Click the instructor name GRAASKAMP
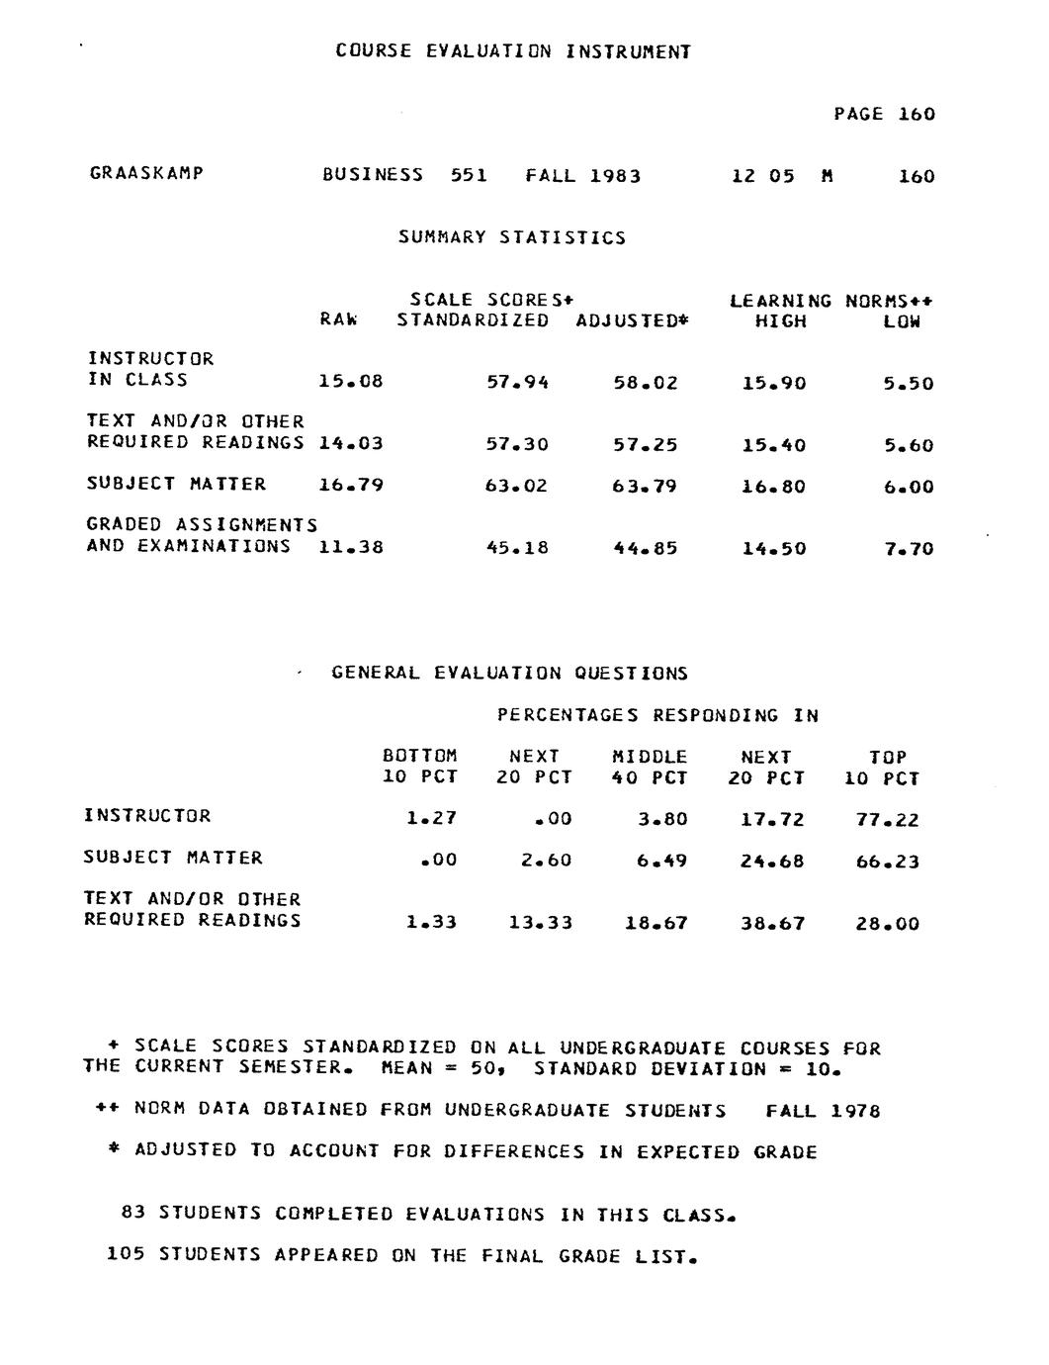tap(146, 173)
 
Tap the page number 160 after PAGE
tap(917, 115)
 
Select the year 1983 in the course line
tap(615, 177)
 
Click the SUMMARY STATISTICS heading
tap(512, 237)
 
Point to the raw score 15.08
tap(351, 382)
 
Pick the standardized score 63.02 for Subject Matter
tap(517, 486)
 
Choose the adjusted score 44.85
tap(646, 548)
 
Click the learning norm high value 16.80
tap(774, 487)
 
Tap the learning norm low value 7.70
tap(909, 549)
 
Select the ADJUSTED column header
tap(632, 321)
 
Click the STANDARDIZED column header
tap(473, 320)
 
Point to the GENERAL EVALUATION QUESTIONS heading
tap(509, 674)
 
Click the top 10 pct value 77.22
tap(887, 820)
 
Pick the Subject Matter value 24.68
tap(772, 862)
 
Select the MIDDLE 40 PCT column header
tap(650, 768)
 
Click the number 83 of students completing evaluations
tap(133, 1213)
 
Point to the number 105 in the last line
tap(127, 1255)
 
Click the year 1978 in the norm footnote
tap(855, 1111)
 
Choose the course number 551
tap(469, 176)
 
